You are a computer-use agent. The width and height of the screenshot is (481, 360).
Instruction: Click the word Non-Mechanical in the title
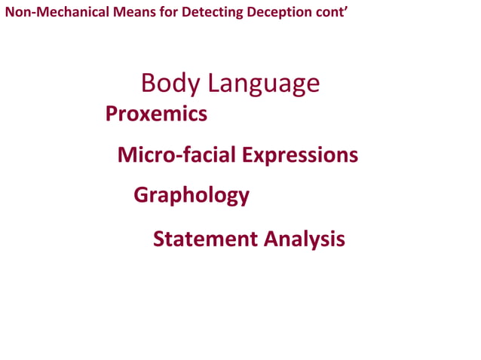point(49,13)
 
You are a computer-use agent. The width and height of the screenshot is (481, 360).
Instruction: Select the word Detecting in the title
point(201,13)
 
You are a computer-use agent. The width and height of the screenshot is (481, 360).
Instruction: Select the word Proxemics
point(156,114)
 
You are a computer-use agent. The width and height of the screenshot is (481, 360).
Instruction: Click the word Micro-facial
point(177,155)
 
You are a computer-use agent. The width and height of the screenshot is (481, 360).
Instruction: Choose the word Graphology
point(191,196)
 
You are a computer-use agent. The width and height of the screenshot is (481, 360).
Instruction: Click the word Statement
point(205,239)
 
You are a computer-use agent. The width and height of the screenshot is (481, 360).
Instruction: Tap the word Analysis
point(305,239)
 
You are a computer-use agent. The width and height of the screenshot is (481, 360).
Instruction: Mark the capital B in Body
point(149,84)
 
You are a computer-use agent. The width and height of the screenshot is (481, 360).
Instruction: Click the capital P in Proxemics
point(112,114)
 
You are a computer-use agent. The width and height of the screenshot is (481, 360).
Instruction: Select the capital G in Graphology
point(141,195)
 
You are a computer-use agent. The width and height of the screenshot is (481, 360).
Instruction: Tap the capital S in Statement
point(158,239)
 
